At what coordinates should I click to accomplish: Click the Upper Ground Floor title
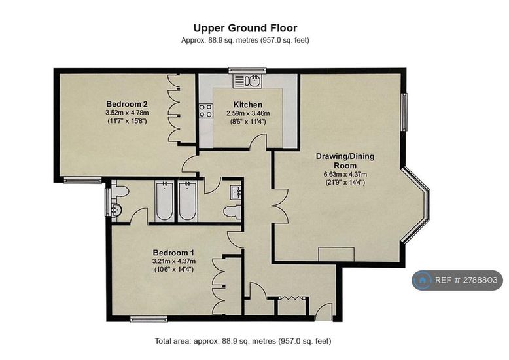point(245,28)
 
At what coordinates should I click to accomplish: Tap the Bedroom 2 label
point(127,104)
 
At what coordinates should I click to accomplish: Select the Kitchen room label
point(248,105)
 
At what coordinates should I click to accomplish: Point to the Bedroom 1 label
point(173,253)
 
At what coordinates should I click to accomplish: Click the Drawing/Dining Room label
point(345,160)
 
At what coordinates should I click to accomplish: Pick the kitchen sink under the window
point(247,81)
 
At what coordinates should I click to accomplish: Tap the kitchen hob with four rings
point(206,111)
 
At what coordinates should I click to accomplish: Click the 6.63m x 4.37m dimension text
point(345,175)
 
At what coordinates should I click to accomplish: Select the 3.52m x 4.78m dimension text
point(127,113)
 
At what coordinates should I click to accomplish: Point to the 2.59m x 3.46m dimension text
point(248,113)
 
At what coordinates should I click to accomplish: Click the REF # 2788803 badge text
point(466,280)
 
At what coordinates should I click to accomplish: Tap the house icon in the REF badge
point(422,280)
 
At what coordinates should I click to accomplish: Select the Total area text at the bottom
point(243,341)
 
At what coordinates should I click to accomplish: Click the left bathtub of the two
point(164,201)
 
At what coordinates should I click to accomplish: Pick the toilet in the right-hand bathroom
point(233,211)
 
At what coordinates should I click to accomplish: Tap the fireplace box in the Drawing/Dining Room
point(336,254)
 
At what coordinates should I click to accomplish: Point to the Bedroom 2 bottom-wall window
point(82,180)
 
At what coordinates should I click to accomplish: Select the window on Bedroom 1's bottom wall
point(149,319)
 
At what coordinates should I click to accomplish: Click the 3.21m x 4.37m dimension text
point(173,261)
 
